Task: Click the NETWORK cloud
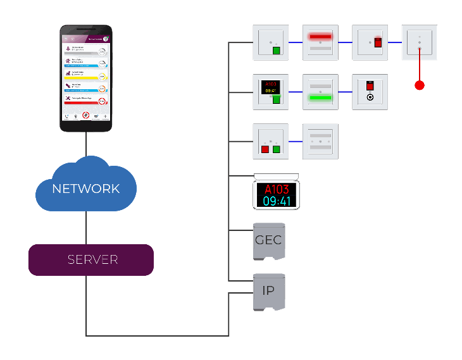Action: point(86,188)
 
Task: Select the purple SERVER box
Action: point(91,260)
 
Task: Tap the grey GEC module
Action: point(268,241)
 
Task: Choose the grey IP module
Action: point(268,292)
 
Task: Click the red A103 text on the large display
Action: point(277,189)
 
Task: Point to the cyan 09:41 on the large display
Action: point(277,201)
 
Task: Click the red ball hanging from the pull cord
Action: point(419,84)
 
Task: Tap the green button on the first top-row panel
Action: point(276,51)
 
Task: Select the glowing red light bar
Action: point(320,37)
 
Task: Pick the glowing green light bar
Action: point(320,97)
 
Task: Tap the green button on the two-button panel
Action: point(276,149)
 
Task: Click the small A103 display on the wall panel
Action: point(270,87)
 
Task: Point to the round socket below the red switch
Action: point(370,98)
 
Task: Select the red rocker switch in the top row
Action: point(378,42)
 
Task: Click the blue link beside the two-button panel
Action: point(296,140)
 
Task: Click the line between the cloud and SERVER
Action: point(86,228)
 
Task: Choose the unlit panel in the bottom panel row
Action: point(320,140)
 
